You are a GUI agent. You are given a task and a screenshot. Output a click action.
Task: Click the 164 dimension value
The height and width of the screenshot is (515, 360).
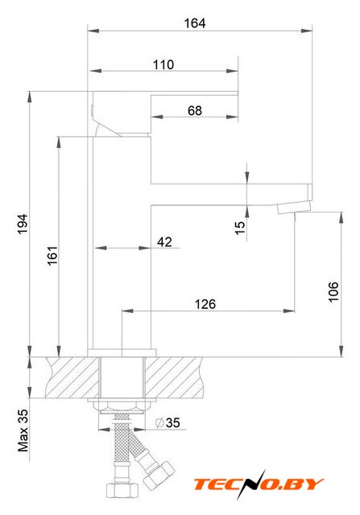(x=195, y=23)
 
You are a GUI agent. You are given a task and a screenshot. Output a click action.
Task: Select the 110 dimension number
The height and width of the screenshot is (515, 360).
(x=163, y=64)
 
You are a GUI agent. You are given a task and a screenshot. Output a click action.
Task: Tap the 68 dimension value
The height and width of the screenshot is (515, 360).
(x=195, y=111)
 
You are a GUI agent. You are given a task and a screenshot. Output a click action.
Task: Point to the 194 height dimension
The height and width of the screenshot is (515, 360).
(x=23, y=225)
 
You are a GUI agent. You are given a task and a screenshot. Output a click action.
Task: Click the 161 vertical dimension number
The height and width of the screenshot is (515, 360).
(x=52, y=256)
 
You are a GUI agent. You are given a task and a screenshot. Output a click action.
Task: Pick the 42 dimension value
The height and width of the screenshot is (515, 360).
(x=164, y=242)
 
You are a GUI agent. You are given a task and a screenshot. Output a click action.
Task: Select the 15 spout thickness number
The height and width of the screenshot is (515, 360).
(x=240, y=228)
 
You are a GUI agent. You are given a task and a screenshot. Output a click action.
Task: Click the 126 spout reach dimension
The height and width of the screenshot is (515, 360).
(x=205, y=304)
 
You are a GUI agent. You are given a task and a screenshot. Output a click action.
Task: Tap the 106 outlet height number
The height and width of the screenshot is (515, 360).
(x=333, y=291)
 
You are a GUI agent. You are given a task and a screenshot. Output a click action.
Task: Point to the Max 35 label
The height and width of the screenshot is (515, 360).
(x=23, y=431)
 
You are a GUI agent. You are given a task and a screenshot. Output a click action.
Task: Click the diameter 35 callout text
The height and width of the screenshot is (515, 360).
(x=168, y=422)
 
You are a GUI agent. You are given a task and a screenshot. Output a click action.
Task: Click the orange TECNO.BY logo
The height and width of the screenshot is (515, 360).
(x=259, y=484)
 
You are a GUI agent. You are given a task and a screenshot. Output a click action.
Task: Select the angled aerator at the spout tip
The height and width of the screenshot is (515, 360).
(x=294, y=208)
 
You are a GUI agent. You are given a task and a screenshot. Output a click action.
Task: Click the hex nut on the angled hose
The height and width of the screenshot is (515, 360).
(x=159, y=474)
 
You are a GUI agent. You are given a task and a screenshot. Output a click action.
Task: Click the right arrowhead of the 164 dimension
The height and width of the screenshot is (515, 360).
(x=306, y=31)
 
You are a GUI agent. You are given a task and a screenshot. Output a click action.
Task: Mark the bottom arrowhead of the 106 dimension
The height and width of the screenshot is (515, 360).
(x=341, y=351)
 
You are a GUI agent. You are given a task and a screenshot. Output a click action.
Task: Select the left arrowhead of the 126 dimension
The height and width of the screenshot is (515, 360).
(x=127, y=311)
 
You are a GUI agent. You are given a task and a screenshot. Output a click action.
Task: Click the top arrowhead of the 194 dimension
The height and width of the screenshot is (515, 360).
(x=30, y=97)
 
